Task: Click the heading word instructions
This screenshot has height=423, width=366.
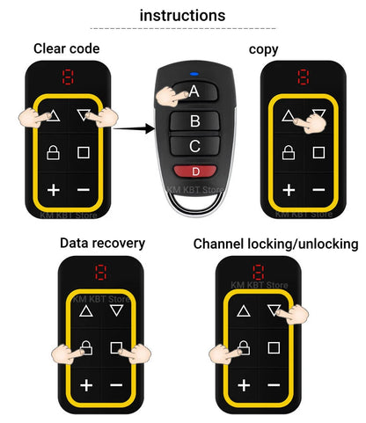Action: point(182,15)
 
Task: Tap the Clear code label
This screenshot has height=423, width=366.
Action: point(67,48)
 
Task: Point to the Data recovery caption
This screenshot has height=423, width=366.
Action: point(102,243)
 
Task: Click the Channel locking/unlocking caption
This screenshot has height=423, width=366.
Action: point(275,243)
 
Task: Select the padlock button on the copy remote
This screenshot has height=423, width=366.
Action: point(289,152)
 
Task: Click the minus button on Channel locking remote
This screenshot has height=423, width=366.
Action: point(274,385)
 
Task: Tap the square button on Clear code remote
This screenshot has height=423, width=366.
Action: point(84,152)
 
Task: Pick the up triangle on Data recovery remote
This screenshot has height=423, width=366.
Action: point(85,310)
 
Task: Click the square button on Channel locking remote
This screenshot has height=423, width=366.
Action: point(274,348)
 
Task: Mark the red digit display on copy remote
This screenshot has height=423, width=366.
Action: point(304,77)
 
